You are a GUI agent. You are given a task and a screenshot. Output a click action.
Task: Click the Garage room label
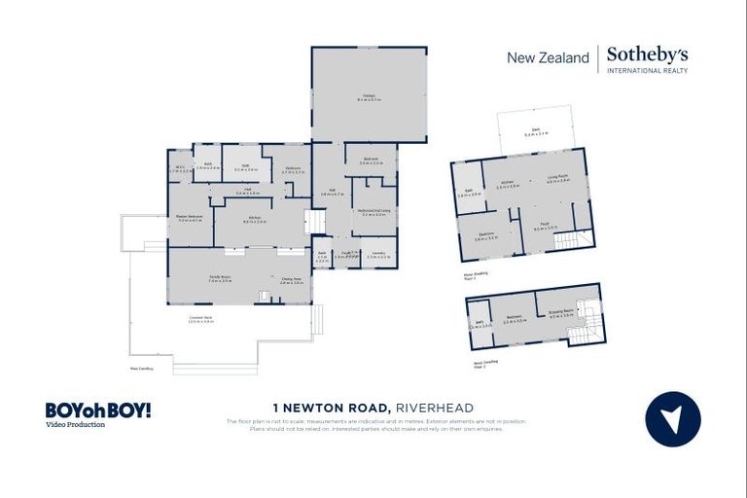(370, 96)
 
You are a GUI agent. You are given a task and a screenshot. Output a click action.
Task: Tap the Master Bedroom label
(189, 217)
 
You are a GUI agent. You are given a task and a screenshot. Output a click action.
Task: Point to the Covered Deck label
(202, 319)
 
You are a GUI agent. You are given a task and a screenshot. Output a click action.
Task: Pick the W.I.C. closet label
(181, 168)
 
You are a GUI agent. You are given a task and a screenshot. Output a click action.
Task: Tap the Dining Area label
(292, 281)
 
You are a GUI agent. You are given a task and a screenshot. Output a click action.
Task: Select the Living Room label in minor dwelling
(557, 179)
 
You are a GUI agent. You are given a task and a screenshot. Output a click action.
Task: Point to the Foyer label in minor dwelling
(541, 229)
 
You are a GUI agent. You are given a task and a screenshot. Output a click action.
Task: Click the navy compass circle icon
(672, 419)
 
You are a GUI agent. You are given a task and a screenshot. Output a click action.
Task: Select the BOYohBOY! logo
(97, 410)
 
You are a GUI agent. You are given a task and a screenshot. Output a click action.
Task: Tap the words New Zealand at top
(548, 57)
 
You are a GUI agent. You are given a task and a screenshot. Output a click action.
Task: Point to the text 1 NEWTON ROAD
(330, 407)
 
